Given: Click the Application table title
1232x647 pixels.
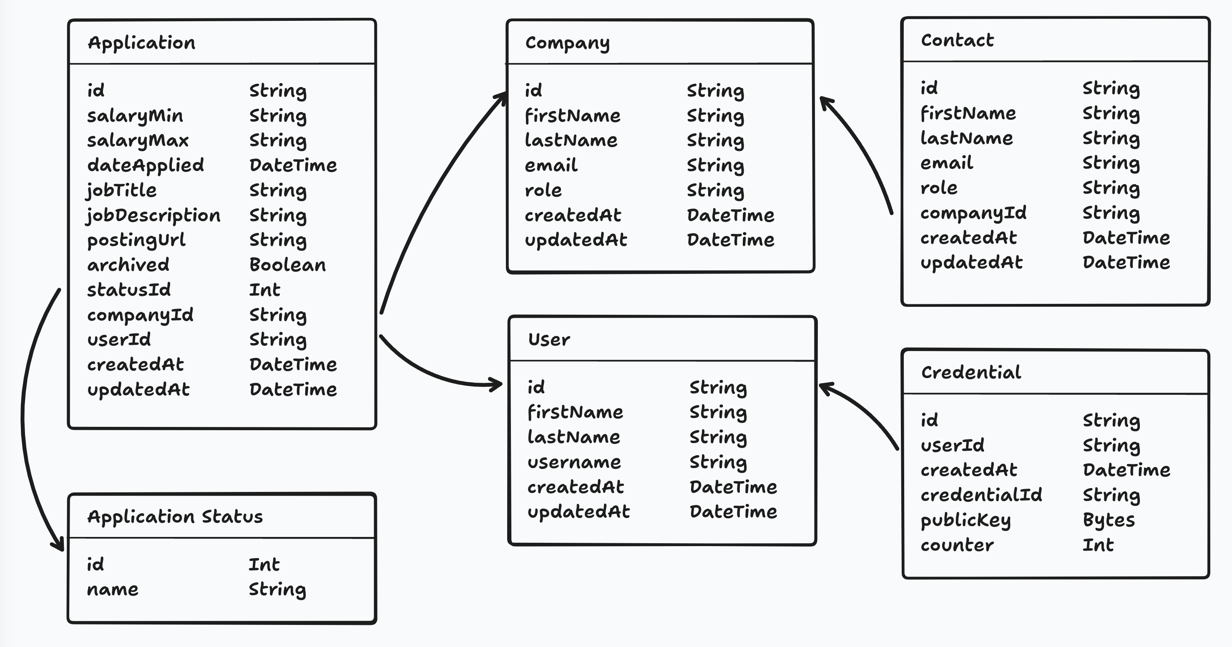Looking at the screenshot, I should (141, 43).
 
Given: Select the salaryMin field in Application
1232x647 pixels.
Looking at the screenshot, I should (135, 116).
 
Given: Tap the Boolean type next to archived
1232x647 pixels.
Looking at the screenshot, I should (287, 265).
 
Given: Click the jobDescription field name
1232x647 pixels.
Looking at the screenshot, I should (153, 215).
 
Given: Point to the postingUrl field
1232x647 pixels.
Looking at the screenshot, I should (136, 240).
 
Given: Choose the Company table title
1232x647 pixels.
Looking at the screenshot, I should (567, 43).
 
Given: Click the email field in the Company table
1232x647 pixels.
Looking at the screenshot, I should (551, 166).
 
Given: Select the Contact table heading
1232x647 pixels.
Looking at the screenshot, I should (957, 41).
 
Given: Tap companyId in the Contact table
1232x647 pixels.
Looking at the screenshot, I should (973, 213).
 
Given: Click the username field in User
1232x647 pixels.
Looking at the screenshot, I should (574, 462).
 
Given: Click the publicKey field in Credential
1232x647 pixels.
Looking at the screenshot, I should (965, 520).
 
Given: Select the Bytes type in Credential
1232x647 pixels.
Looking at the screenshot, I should (1109, 520).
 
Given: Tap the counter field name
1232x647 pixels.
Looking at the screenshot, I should (957, 545).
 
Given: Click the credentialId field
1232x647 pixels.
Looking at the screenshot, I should (981, 495).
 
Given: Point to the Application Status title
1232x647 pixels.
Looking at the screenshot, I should (175, 517).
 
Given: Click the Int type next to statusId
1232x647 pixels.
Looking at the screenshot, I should (264, 290).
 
